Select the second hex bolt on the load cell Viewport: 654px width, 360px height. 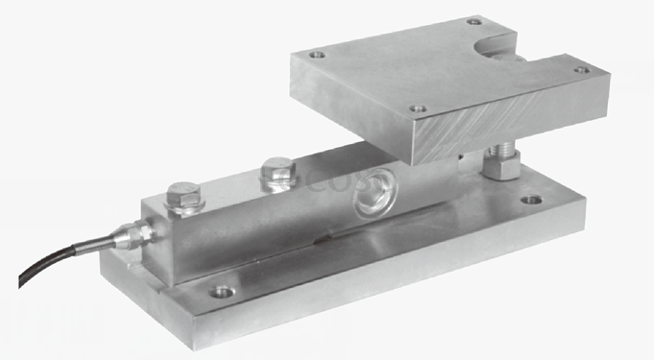(x=278, y=172)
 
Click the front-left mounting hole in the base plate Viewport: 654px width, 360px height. (x=222, y=291)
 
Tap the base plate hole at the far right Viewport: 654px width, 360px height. (x=531, y=202)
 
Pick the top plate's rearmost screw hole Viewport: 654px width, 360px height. (x=473, y=21)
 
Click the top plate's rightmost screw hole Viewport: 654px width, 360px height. (x=580, y=70)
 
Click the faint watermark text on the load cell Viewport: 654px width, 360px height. (x=307, y=182)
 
